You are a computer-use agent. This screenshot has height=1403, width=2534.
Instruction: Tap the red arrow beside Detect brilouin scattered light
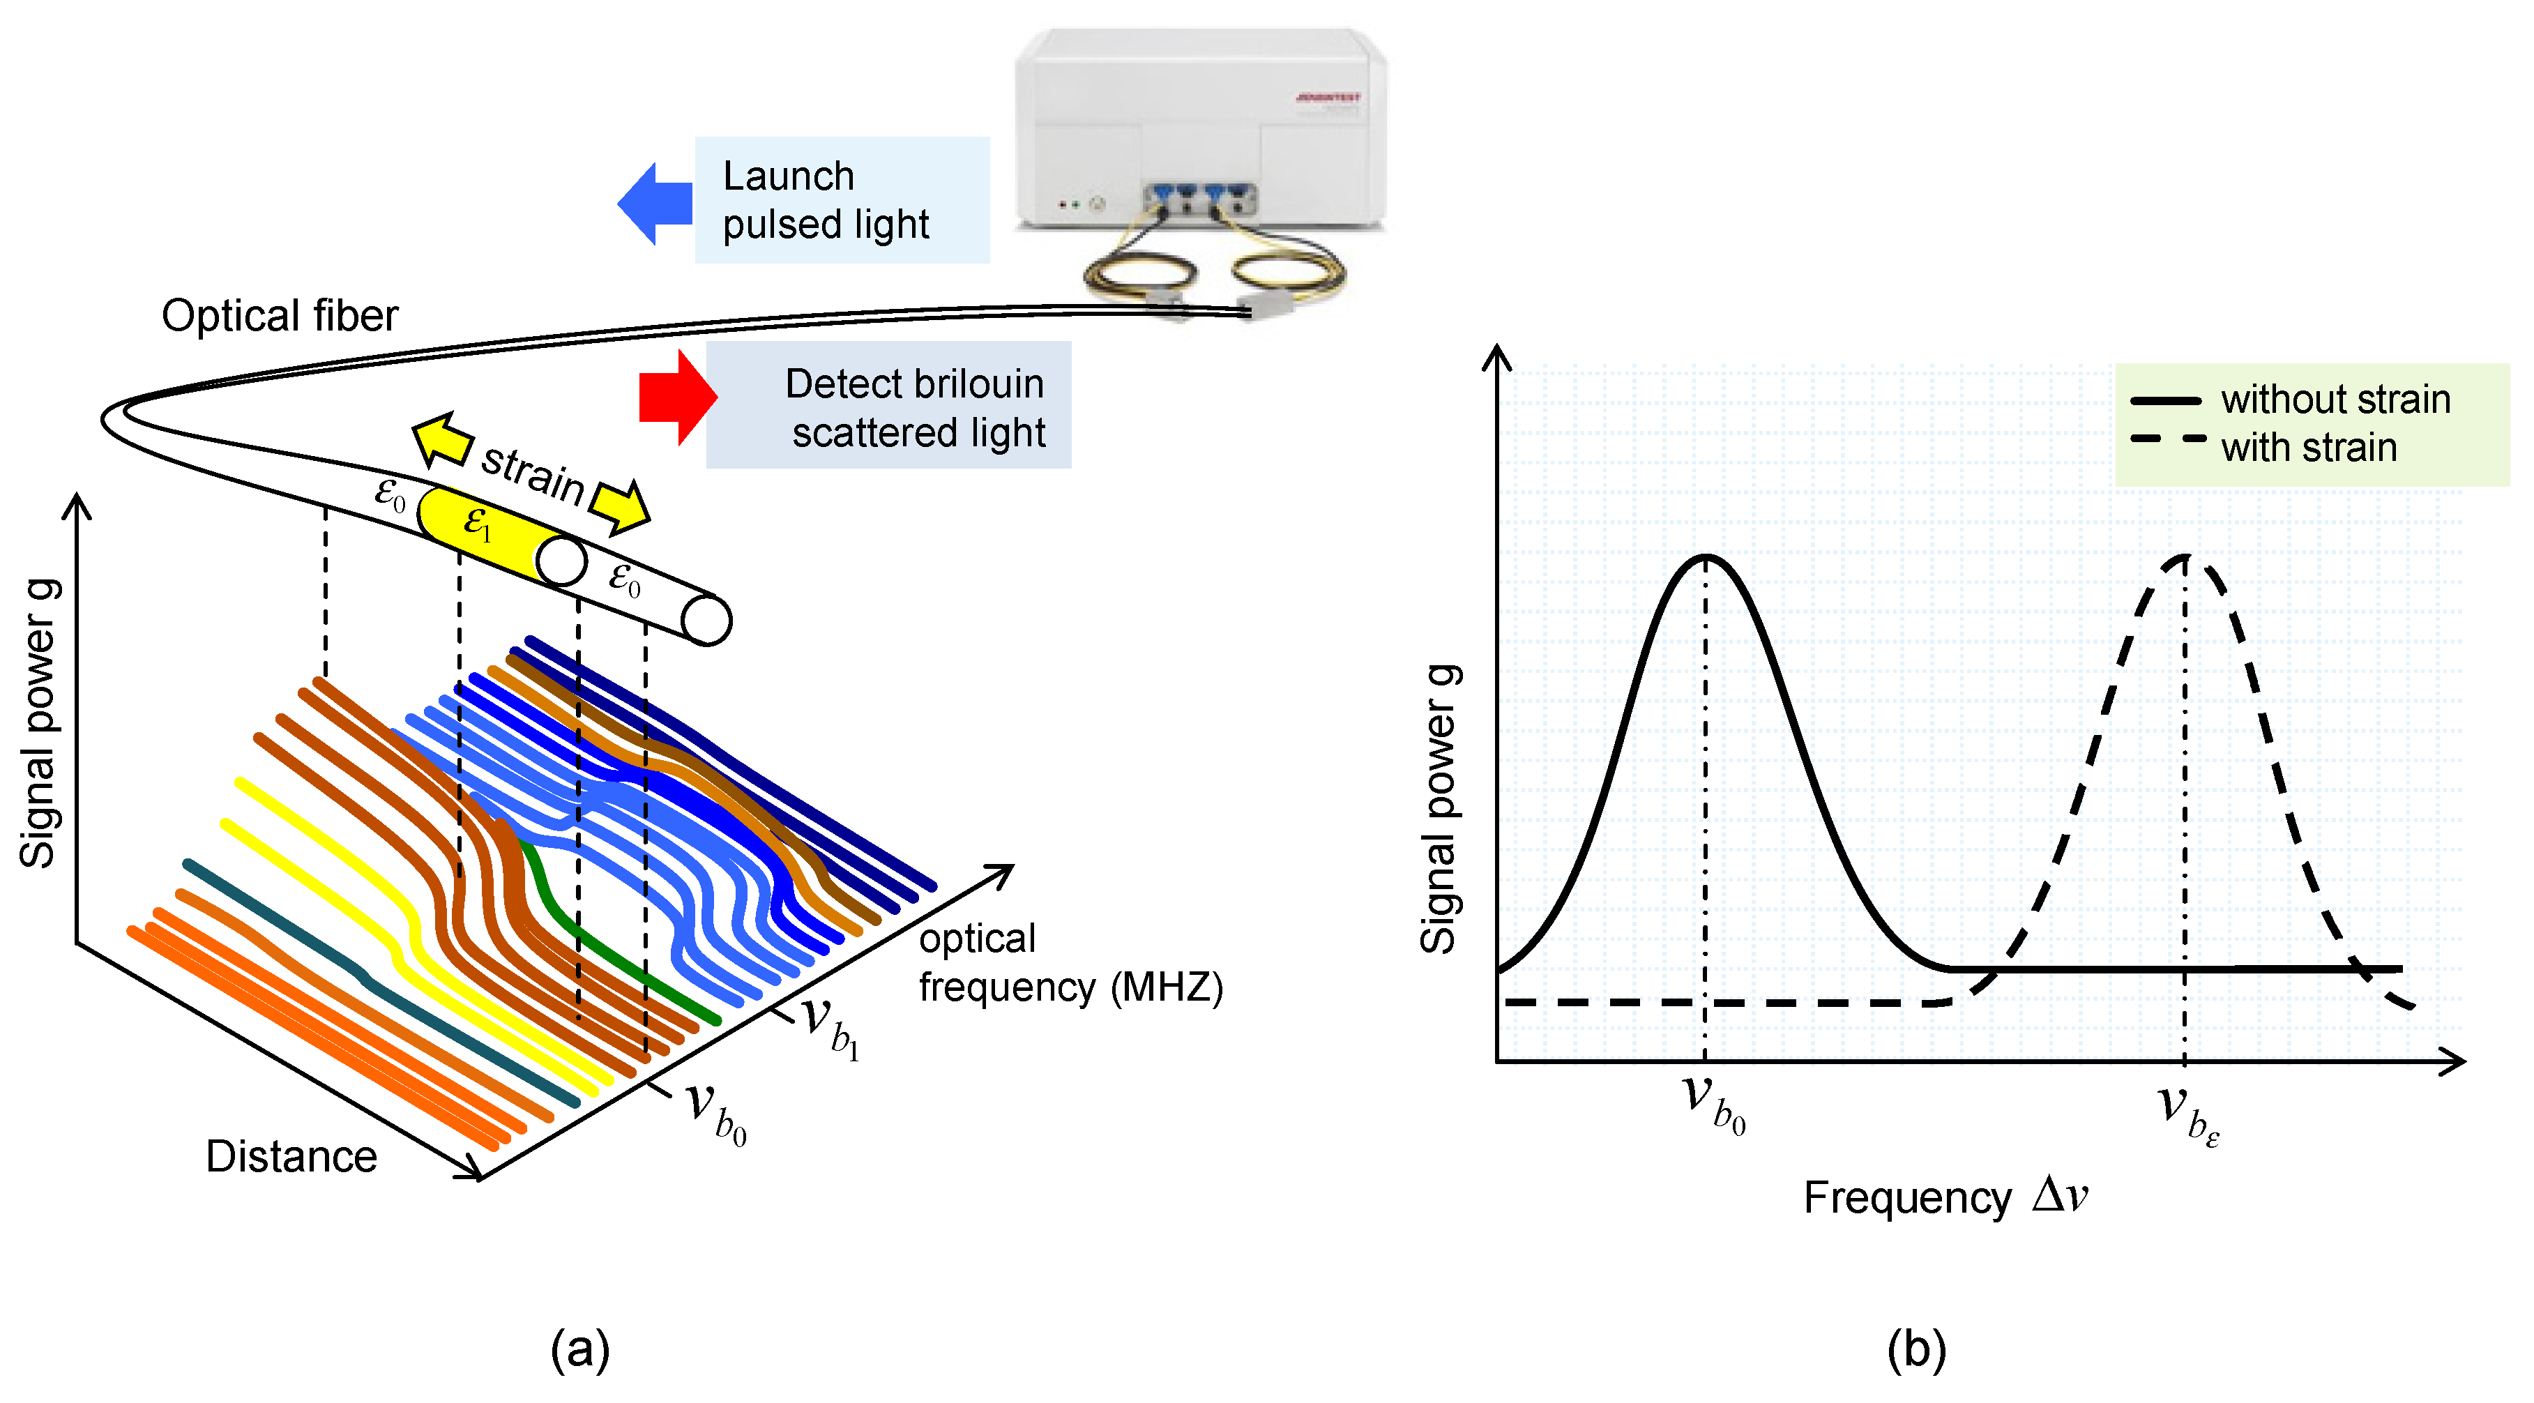(678, 397)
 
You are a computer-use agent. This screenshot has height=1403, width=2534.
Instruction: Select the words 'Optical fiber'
(280, 316)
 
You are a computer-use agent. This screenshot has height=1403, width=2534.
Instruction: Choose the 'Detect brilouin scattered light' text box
(888, 405)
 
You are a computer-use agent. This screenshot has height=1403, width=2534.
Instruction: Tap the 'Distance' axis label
(291, 1157)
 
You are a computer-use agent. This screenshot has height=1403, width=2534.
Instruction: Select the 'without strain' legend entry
(2335, 400)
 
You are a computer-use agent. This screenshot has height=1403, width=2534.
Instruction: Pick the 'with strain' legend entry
(2308, 448)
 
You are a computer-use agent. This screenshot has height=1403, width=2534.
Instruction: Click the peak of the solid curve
(1706, 558)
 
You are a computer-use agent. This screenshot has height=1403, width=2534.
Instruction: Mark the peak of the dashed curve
(2185, 558)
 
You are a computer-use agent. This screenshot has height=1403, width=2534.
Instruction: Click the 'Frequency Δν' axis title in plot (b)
(1945, 1197)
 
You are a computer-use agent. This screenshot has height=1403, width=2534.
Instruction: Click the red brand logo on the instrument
(1328, 98)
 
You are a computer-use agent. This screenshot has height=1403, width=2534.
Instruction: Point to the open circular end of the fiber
(706, 621)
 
